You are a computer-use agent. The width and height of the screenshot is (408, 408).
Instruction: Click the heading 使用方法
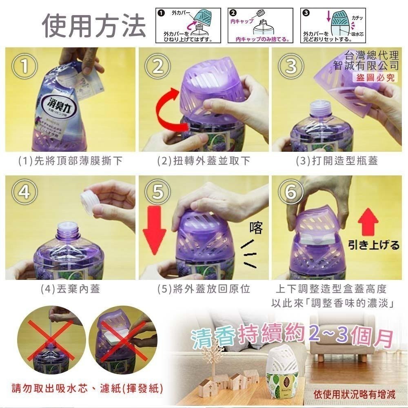click(94, 25)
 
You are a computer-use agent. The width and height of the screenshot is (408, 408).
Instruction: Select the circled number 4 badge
click(25, 191)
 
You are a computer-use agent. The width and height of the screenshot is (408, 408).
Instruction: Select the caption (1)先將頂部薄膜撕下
click(71, 161)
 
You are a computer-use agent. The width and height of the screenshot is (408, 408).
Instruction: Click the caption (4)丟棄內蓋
click(70, 289)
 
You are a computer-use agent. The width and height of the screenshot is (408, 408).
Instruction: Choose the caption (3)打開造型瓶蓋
click(337, 161)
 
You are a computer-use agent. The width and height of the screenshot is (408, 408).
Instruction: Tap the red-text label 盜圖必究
click(375, 77)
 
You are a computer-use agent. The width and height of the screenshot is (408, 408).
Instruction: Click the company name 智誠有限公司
click(366, 65)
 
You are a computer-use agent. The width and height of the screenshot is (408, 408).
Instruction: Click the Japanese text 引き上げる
click(373, 245)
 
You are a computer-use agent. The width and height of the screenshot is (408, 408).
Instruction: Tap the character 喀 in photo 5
click(256, 228)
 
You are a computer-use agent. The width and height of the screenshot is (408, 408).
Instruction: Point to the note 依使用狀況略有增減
click(355, 394)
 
